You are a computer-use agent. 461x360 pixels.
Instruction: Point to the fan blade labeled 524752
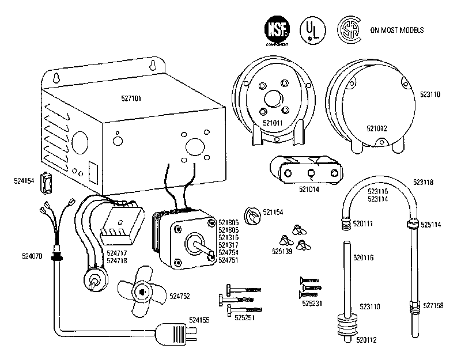(x=141, y=293)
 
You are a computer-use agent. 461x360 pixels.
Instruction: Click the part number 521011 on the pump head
(x=273, y=123)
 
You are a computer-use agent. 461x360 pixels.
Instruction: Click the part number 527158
(x=433, y=305)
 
